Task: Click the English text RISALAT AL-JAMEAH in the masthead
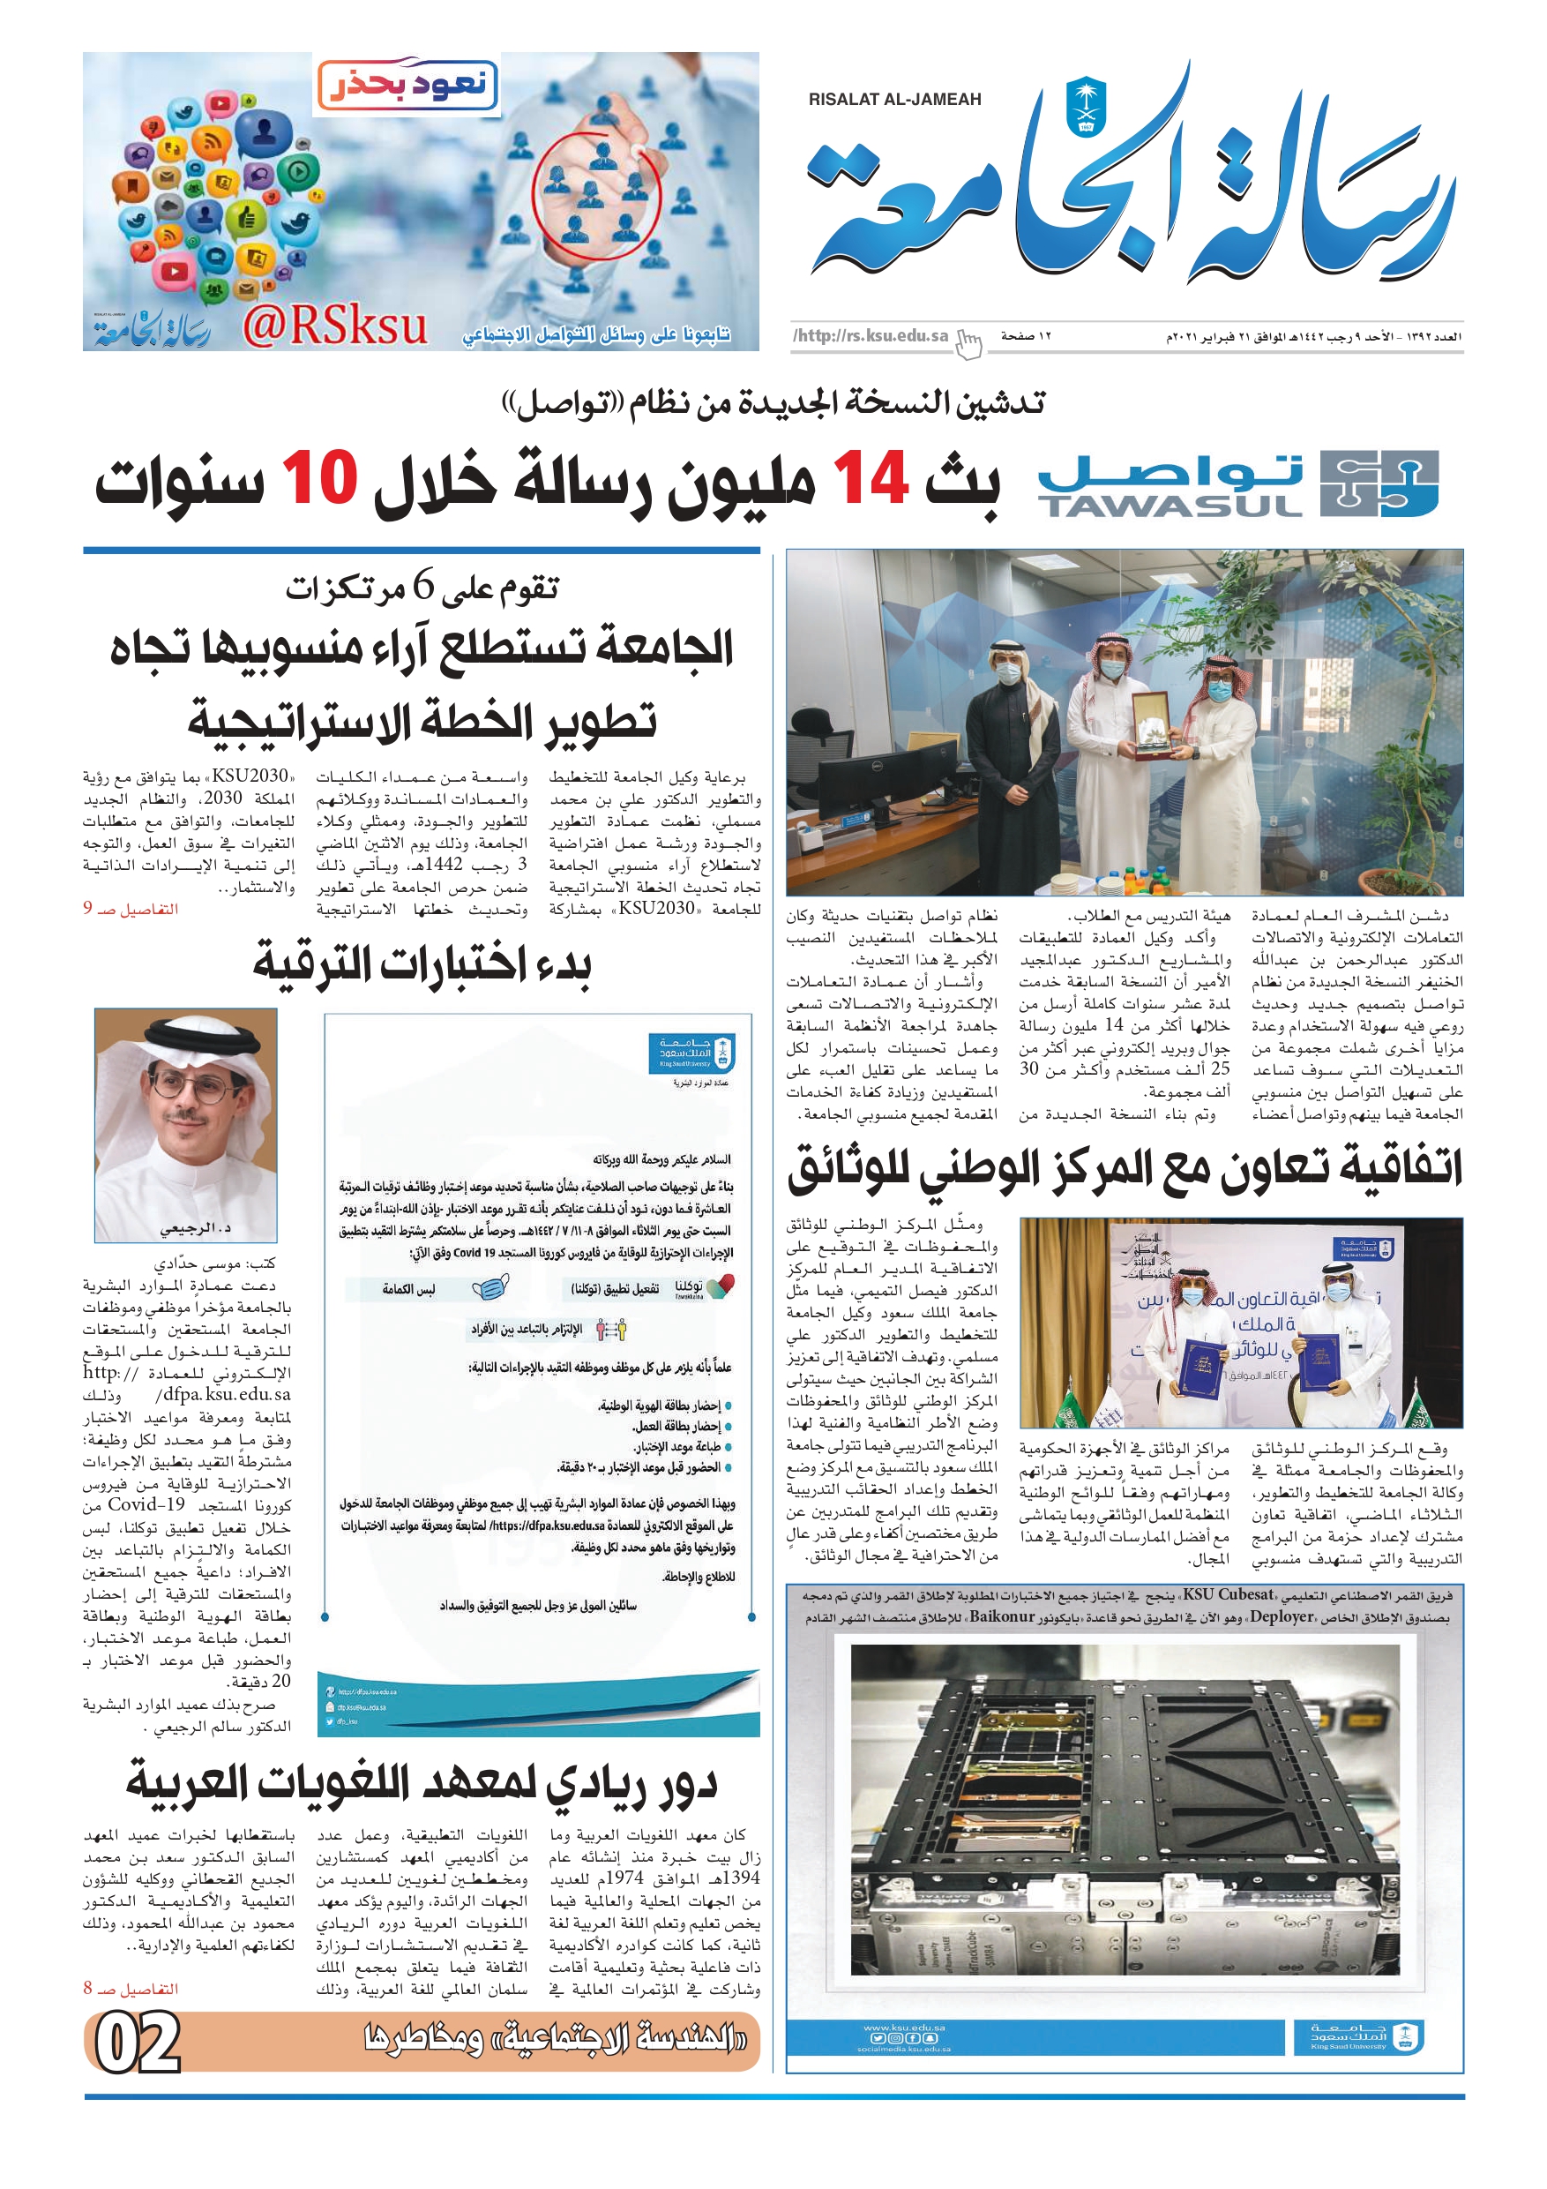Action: click(x=894, y=99)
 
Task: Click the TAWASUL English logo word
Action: click(x=1170, y=506)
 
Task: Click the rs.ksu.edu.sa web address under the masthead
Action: click(x=871, y=335)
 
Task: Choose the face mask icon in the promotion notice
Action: click(x=490, y=1289)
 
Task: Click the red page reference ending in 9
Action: click(x=131, y=909)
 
